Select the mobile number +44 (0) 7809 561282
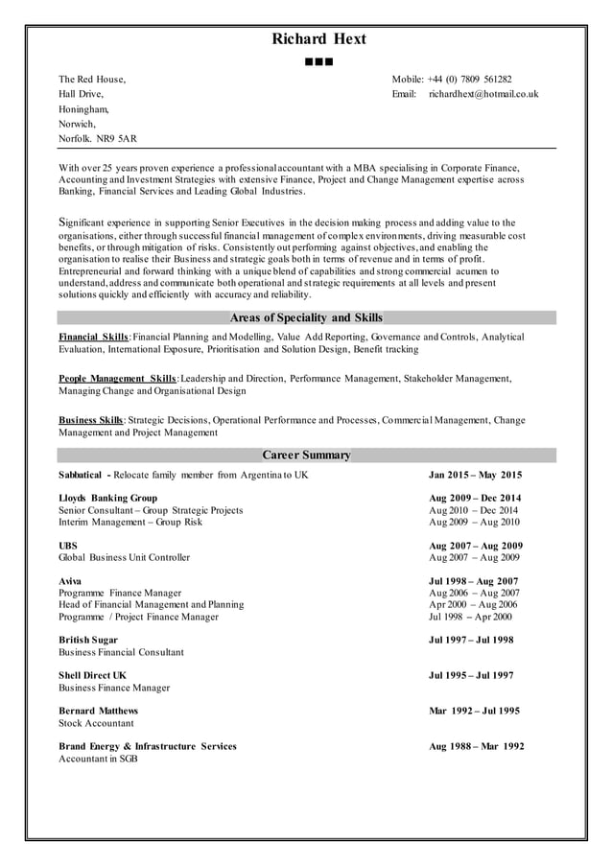click(x=471, y=80)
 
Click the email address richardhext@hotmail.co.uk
click(x=483, y=94)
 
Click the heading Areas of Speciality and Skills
click(x=306, y=317)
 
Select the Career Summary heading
click(x=306, y=455)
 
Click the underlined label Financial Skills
click(x=93, y=337)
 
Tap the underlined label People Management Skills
click(x=117, y=378)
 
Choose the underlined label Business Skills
click(x=90, y=420)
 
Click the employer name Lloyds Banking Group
click(x=107, y=498)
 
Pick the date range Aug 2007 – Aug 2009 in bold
click(x=474, y=545)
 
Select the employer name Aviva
click(x=70, y=581)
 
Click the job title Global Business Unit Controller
click(x=124, y=557)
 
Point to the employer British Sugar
click(x=88, y=640)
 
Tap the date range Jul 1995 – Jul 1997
click(x=470, y=675)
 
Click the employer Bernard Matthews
click(x=98, y=711)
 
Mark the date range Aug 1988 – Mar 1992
click(x=476, y=746)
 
